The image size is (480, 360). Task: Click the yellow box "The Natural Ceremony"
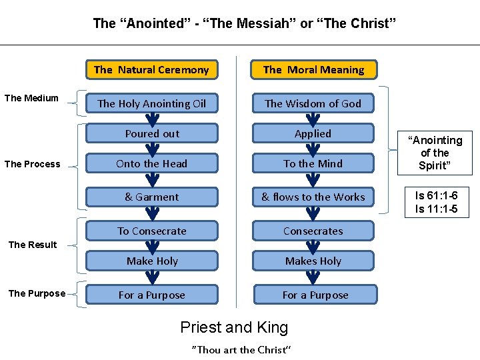(x=151, y=69)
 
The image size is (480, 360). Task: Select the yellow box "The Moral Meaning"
(x=313, y=69)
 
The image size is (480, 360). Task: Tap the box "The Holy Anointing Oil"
(x=152, y=103)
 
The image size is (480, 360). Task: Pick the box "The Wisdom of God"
(x=313, y=103)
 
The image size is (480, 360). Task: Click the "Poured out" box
(x=152, y=133)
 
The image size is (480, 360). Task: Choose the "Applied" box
(x=313, y=133)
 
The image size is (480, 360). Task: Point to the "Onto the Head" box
(x=152, y=163)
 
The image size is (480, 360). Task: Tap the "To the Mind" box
(x=313, y=163)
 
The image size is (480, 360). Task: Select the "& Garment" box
(x=152, y=197)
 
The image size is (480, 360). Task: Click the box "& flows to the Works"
(x=313, y=197)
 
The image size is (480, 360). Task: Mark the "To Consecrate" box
(x=152, y=231)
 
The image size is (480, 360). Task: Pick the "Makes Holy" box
(x=313, y=261)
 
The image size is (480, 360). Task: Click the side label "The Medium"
(x=31, y=98)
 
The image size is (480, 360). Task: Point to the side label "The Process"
(x=32, y=164)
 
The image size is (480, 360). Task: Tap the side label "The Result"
(x=32, y=245)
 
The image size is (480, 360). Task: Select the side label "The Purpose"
(x=36, y=293)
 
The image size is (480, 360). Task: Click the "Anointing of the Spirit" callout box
(x=436, y=153)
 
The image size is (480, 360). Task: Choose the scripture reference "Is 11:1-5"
(x=437, y=209)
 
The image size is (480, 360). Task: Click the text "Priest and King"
(x=234, y=327)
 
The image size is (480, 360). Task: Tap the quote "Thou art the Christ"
(x=241, y=349)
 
